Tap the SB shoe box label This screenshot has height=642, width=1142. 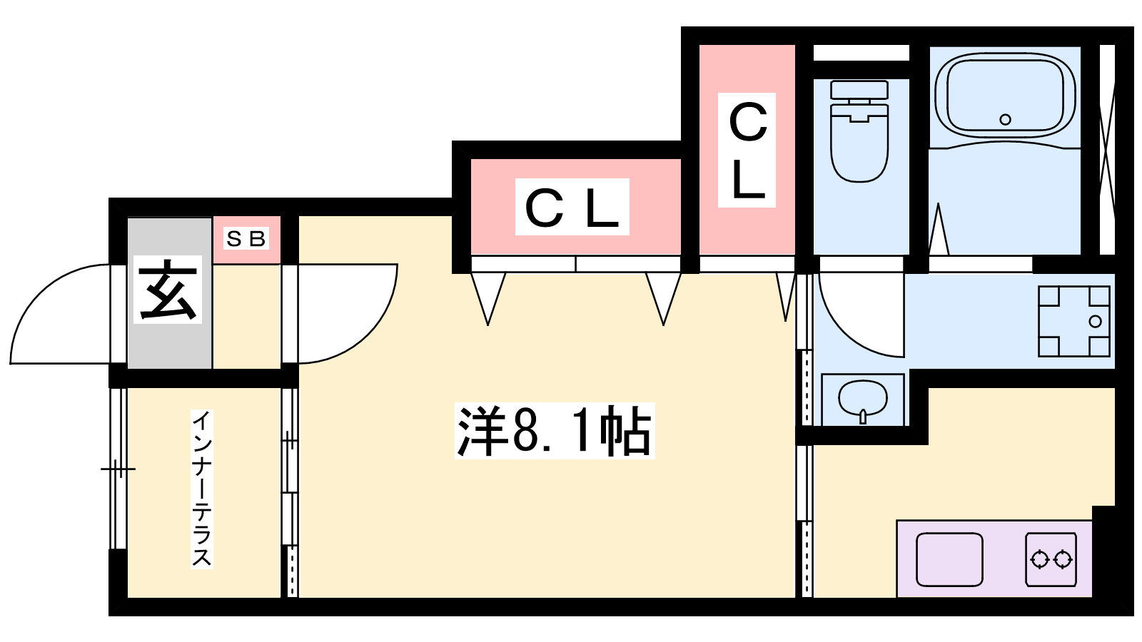(246, 238)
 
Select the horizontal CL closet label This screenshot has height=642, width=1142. (572, 207)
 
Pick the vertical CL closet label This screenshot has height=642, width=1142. (747, 151)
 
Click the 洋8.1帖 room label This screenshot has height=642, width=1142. (554, 431)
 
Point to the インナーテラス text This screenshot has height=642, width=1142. (202, 489)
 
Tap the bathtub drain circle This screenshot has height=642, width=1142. (1006, 119)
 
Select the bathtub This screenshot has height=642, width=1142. (1005, 96)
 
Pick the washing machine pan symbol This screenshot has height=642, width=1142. (1073, 321)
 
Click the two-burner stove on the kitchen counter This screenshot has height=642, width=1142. (1051, 559)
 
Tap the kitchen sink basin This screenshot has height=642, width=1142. (949, 559)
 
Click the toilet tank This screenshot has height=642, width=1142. (859, 91)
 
